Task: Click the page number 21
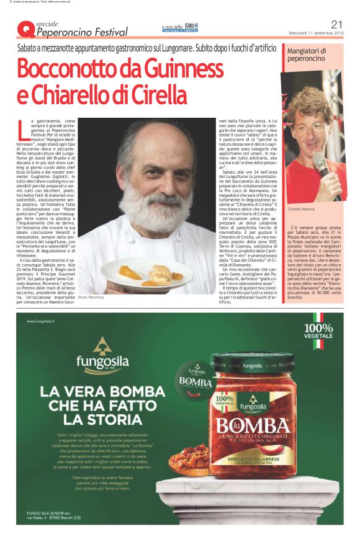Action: click(x=338, y=24)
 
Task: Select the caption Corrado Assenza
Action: click(x=301, y=210)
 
